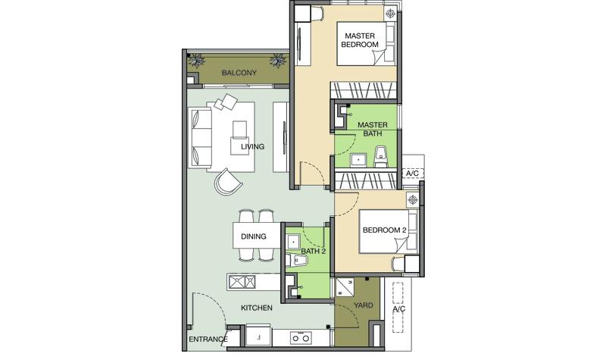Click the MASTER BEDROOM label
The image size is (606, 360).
click(359, 40)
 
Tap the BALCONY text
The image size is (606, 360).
click(239, 72)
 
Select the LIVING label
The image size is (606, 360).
click(253, 146)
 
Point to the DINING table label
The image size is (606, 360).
click(254, 236)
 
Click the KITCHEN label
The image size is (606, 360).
click(257, 308)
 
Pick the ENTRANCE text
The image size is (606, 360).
click(208, 340)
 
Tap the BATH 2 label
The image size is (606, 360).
click(314, 252)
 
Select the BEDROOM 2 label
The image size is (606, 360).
click(384, 230)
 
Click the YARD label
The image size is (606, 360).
click(364, 305)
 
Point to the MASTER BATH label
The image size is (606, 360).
click(373, 129)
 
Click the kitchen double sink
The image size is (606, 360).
click(242, 282)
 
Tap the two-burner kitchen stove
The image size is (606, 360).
click(301, 338)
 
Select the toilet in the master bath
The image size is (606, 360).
click(381, 156)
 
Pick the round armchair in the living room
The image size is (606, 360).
click(228, 181)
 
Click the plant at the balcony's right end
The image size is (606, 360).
click(277, 61)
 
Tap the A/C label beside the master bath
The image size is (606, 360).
click(412, 174)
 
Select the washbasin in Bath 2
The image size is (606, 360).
click(293, 242)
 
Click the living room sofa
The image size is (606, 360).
click(200, 137)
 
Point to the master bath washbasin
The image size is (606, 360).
click(359, 160)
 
